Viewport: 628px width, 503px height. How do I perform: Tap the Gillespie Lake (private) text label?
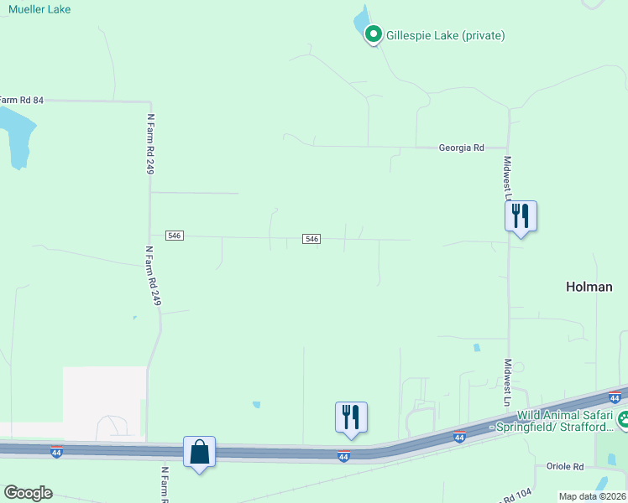[445, 35]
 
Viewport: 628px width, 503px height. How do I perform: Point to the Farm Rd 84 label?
[21, 100]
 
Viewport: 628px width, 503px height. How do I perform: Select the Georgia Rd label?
[462, 148]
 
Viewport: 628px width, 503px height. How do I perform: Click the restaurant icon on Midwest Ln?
[521, 216]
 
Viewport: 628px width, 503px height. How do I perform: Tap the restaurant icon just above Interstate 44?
[351, 417]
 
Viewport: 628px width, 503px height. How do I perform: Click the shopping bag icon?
[200, 453]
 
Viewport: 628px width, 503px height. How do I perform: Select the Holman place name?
[589, 287]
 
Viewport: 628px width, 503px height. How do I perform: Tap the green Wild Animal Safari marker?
[623, 420]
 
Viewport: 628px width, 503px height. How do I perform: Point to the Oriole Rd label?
[564, 466]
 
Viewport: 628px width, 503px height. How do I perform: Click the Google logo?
[28, 493]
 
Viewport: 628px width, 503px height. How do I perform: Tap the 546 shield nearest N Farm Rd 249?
[174, 236]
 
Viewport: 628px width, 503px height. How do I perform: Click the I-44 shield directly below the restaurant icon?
[343, 456]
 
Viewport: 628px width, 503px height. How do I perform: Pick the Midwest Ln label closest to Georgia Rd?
[507, 173]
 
